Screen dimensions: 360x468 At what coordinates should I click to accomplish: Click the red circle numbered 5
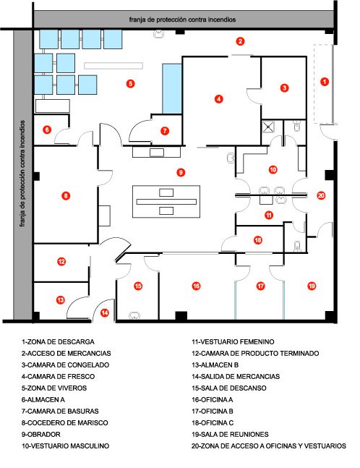click(x=130, y=84)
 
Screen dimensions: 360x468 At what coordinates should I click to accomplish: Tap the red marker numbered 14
click(x=104, y=312)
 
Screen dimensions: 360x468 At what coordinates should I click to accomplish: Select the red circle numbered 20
click(x=321, y=195)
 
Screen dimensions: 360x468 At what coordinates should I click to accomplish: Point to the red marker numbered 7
click(x=165, y=131)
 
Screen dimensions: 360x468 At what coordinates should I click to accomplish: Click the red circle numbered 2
click(x=240, y=41)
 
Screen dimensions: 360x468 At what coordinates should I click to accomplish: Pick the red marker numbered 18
click(x=258, y=240)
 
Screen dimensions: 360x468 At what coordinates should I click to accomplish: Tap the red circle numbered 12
click(x=61, y=262)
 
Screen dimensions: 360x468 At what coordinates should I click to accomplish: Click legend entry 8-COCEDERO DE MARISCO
click(x=65, y=423)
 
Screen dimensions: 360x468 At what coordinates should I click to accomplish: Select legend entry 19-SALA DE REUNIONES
click(x=230, y=435)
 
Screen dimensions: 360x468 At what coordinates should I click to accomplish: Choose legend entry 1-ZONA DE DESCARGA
click(x=58, y=341)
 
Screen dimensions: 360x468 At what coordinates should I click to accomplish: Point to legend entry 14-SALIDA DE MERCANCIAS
click(x=236, y=377)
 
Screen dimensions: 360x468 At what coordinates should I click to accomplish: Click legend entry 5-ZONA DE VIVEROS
click(x=54, y=388)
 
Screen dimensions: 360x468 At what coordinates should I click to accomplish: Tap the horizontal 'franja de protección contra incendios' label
click(x=183, y=20)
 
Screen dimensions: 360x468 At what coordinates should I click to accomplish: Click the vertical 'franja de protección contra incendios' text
click(x=22, y=174)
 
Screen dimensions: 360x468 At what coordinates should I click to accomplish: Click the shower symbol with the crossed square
click(x=269, y=127)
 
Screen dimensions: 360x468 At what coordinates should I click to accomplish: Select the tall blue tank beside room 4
click(x=172, y=89)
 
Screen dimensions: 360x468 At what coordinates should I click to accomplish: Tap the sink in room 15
click(x=134, y=315)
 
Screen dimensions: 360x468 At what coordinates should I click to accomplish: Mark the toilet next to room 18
click(x=297, y=246)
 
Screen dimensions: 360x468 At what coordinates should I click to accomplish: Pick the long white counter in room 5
click(x=113, y=66)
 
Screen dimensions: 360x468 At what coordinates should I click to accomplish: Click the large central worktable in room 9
click(x=166, y=202)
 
